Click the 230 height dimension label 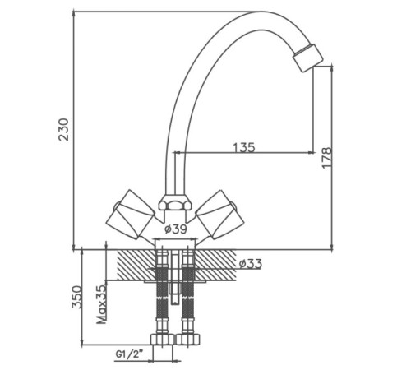64,129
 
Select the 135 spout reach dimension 244,147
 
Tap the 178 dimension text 326,158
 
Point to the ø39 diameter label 176,229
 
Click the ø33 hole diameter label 251,264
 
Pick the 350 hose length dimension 77,297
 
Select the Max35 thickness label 101,304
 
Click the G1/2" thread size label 129,354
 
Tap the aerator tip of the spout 308,58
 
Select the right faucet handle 219,214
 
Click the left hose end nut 163,340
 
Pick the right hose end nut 188,340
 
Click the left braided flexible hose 162,294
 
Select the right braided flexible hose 188,294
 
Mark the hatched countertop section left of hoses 136,265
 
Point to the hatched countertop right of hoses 216,265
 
